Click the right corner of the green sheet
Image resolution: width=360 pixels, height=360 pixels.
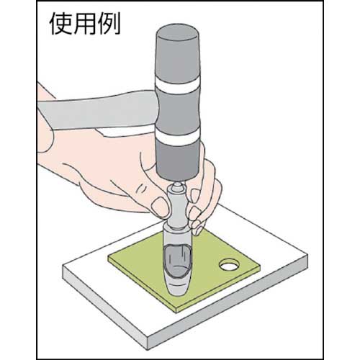258,273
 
